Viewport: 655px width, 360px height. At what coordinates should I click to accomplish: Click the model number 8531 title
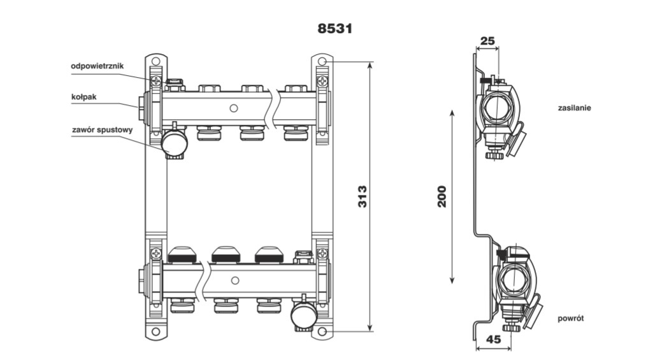point(335,29)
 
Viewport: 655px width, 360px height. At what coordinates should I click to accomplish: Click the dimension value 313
point(361,198)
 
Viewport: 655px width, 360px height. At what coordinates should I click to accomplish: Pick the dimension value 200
point(442,196)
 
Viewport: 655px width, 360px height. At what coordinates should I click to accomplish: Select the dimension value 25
point(487,41)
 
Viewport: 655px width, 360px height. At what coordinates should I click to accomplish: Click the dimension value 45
point(493,340)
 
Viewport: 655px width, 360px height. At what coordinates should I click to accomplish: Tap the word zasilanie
point(574,108)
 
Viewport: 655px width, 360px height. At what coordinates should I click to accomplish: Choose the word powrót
point(570,318)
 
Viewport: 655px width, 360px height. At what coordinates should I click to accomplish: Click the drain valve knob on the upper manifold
point(173,143)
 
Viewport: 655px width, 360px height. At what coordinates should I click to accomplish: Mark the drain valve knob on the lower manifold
point(303,315)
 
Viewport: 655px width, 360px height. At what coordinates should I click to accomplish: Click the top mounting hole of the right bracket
point(322,62)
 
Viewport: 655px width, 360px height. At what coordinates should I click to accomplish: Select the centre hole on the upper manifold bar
point(234,108)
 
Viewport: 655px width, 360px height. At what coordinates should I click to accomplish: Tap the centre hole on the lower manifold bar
point(234,280)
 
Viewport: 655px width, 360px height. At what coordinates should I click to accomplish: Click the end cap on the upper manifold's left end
point(141,103)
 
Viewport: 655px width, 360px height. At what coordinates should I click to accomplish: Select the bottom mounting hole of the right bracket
point(322,332)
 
